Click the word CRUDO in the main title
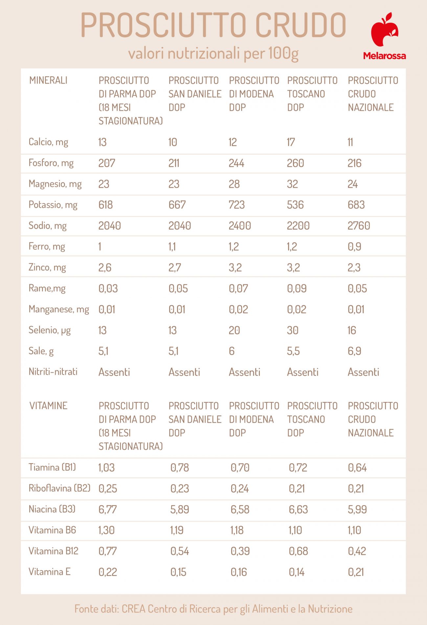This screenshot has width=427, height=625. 300,25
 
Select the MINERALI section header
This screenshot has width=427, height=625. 48,80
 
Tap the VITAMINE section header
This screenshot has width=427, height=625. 48,406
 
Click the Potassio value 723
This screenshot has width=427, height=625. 236,205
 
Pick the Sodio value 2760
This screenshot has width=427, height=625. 359,226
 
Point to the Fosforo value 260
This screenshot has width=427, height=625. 295,163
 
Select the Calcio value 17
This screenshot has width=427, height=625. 291,142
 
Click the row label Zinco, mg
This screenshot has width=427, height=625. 47,267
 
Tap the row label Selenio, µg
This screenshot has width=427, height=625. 50,330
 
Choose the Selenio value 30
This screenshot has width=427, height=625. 292,330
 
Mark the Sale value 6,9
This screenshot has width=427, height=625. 354,351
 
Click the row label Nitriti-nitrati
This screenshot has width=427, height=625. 53,372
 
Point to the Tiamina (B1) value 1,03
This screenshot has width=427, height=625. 106,467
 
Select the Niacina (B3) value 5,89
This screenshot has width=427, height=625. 179,510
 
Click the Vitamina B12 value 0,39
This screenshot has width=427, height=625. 240,551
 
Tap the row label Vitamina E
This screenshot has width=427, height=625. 50,572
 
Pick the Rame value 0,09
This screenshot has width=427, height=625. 297,288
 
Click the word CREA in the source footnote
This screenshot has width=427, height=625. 133,609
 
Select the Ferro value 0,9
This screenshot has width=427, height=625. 354,247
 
